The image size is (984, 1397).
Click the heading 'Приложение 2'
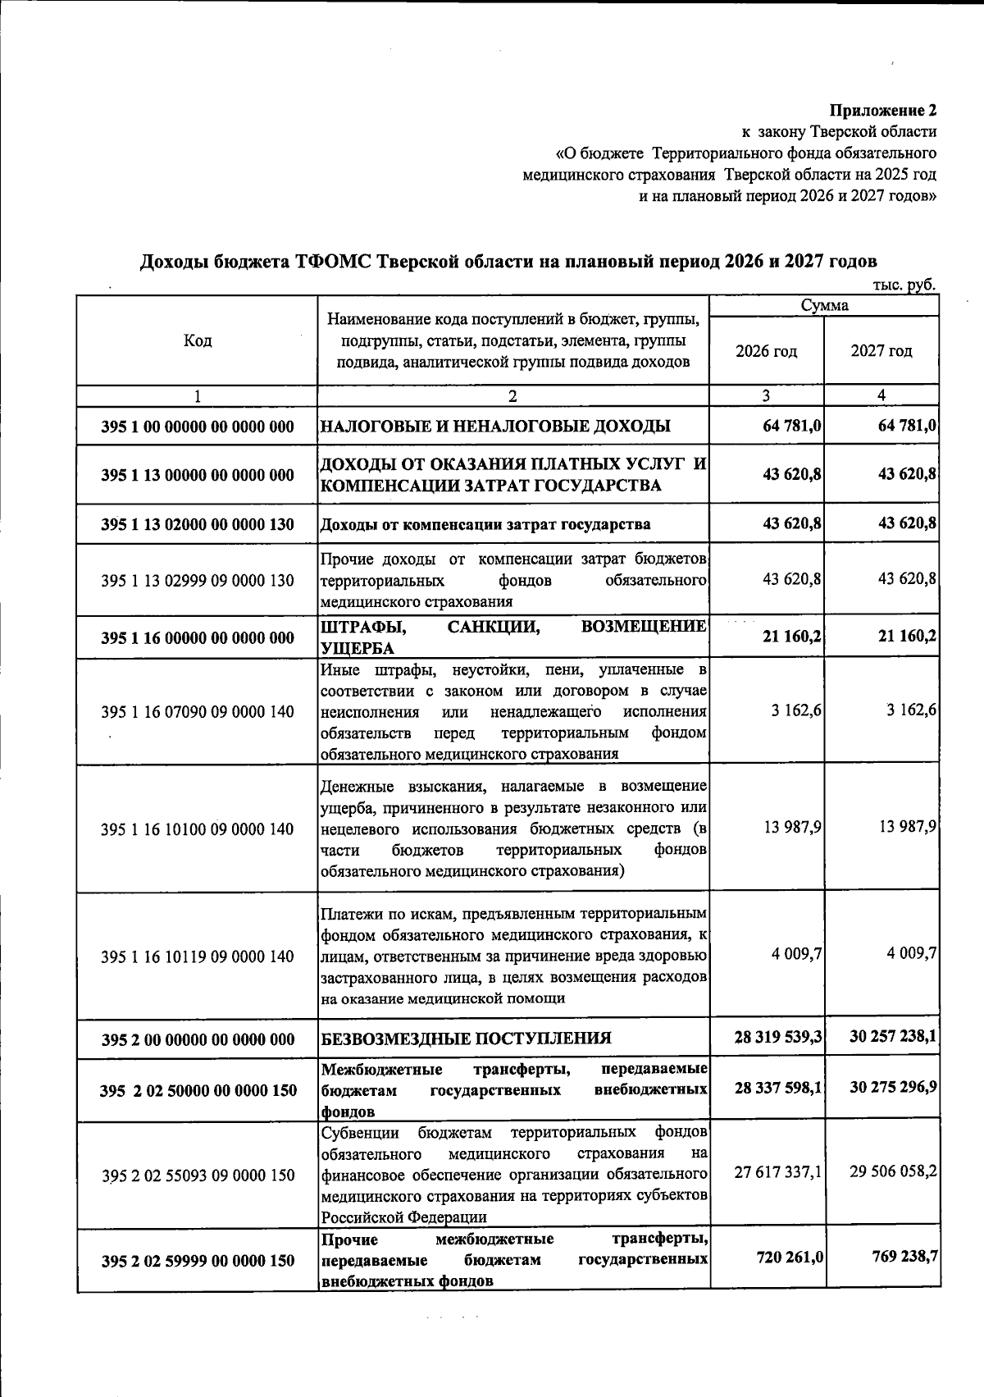(x=882, y=110)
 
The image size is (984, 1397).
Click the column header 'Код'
(x=197, y=340)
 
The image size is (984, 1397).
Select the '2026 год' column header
(x=766, y=351)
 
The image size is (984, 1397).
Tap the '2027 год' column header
(x=881, y=351)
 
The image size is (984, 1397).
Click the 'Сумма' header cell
(x=824, y=306)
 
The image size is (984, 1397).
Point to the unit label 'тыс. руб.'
(x=905, y=285)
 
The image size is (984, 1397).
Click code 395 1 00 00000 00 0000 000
(x=197, y=427)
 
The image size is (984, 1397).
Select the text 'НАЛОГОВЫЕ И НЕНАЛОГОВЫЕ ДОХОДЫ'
(x=495, y=427)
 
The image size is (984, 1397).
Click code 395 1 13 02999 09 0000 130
(x=197, y=581)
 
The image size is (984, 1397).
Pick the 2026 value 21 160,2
(x=792, y=637)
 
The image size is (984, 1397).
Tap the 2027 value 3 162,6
(x=911, y=710)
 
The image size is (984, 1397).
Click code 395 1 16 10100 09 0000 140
(x=197, y=829)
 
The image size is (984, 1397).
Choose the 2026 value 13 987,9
(x=792, y=827)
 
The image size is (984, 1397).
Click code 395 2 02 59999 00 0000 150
(x=197, y=1261)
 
